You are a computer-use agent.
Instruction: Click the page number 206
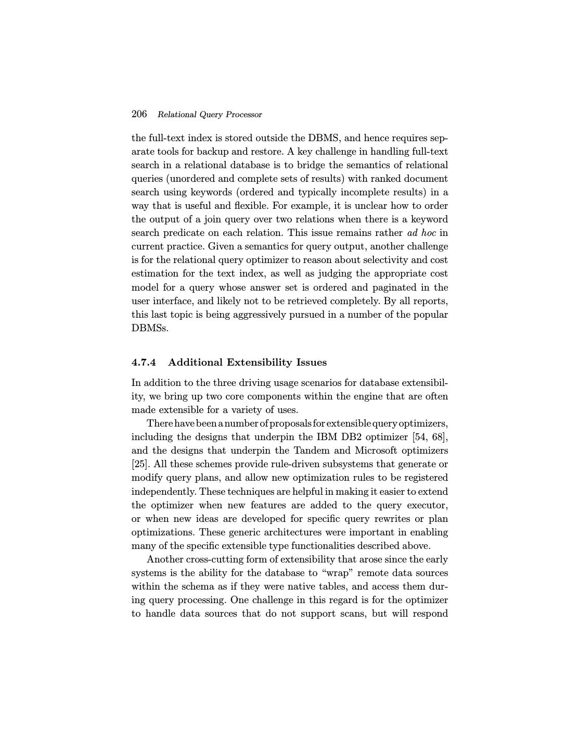pyautogui.click(x=139, y=114)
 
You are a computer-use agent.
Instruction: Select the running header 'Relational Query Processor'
pyautogui.click(x=210, y=115)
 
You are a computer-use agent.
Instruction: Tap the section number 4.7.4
pyautogui.click(x=144, y=362)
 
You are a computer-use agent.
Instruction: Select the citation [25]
pyautogui.click(x=139, y=464)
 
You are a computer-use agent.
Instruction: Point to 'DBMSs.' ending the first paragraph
pyautogui.click(x=150, y=328)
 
